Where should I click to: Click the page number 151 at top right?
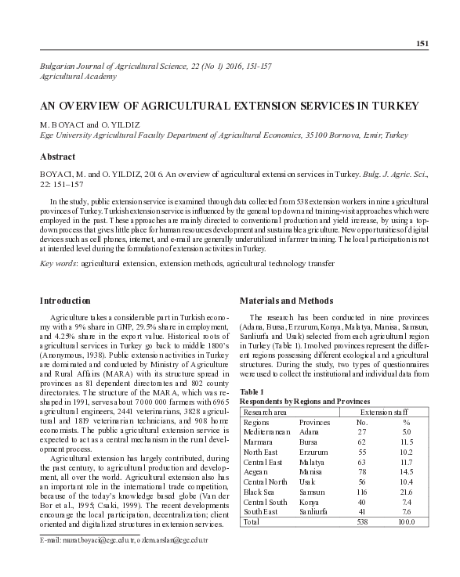[422, 43]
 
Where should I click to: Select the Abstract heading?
[57, 157]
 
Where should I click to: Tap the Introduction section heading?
[65, 301]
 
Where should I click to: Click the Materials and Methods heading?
[286, 301]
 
